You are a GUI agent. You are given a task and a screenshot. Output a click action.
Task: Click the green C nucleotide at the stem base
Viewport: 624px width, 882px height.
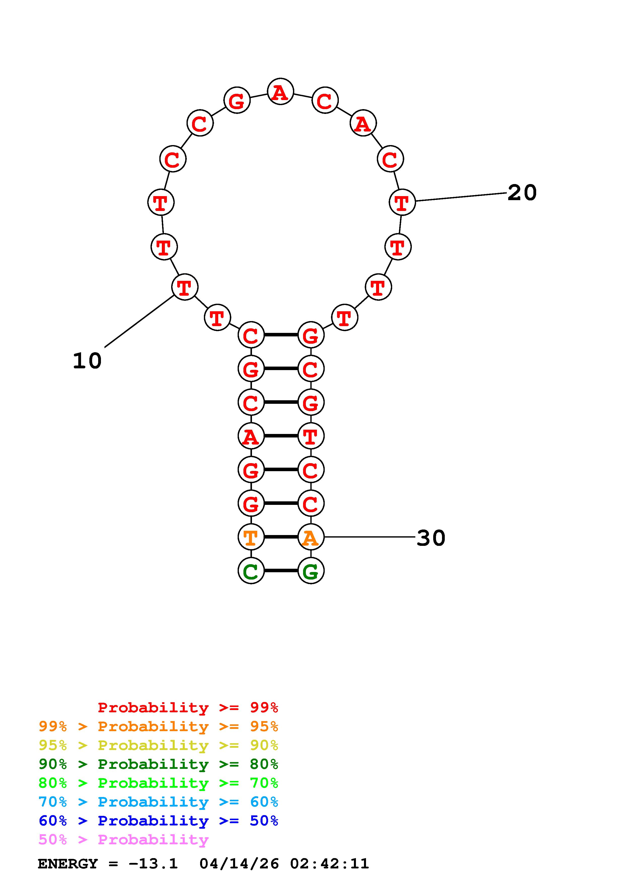251,570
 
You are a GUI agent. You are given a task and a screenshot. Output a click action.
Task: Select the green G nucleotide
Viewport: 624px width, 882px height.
311,570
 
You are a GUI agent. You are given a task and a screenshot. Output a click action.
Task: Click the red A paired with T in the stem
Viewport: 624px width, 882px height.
251,436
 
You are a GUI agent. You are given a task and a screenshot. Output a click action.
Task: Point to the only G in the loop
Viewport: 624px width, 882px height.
237,100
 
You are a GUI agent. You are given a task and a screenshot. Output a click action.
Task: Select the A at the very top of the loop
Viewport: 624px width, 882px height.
280,92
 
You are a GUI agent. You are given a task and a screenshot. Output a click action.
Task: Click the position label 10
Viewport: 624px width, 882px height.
87,361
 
